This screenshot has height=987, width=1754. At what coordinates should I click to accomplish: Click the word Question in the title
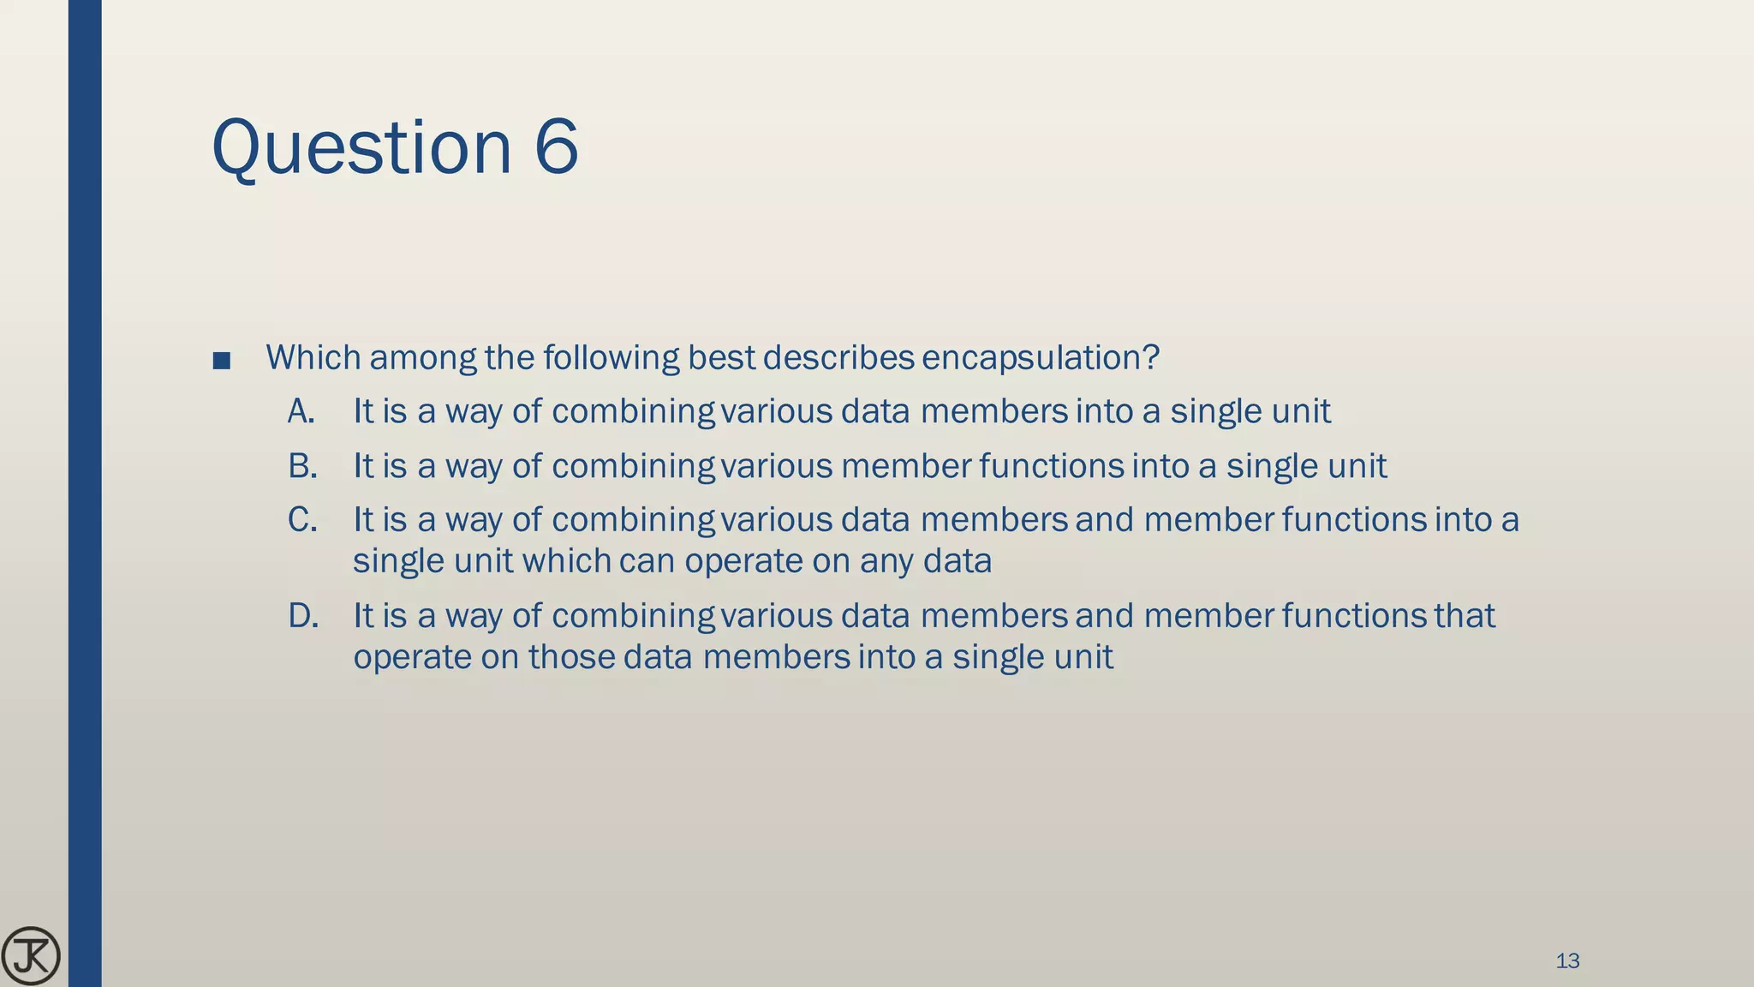(361, 147)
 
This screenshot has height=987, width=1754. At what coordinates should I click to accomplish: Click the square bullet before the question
(221, 360)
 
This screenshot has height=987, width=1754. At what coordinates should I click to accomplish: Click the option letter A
(301, 412)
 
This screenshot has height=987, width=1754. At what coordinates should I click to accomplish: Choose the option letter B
(301, 466)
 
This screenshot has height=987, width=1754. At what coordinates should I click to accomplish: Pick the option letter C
(301, 520)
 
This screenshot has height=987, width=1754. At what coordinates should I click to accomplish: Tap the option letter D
(302, 616)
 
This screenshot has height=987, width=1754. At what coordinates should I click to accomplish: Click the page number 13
(1567, 960)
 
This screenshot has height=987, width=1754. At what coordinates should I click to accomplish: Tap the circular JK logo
(31, 956)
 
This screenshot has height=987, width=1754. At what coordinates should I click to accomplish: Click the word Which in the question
(313, 357)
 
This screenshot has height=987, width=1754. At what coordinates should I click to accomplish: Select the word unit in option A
(1301, 411)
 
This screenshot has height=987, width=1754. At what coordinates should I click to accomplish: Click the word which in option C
(566, 561)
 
